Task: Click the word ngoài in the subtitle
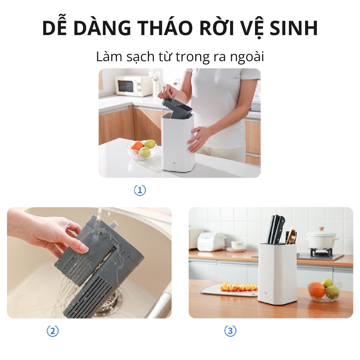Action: point(247,57)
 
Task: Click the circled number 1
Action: point(140,190)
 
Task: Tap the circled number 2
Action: point(53,331)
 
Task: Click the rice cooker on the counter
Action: point(211,241)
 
